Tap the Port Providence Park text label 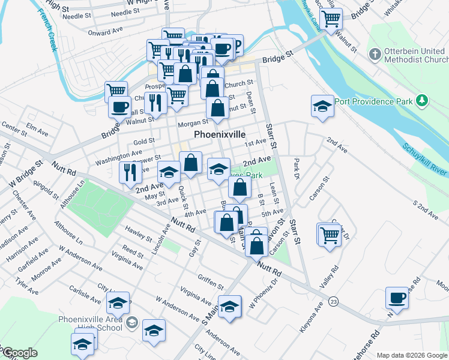[x=373, y=101]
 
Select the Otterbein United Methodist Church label [x=414, y=55]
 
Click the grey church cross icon [x=375, y=55]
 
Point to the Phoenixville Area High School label [x=90, y=322]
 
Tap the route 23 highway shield [x=334, y=301]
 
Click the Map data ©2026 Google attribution [x=412, y=355]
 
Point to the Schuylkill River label [x=423, y=158]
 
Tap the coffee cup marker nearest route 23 [x=397, y=298]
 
